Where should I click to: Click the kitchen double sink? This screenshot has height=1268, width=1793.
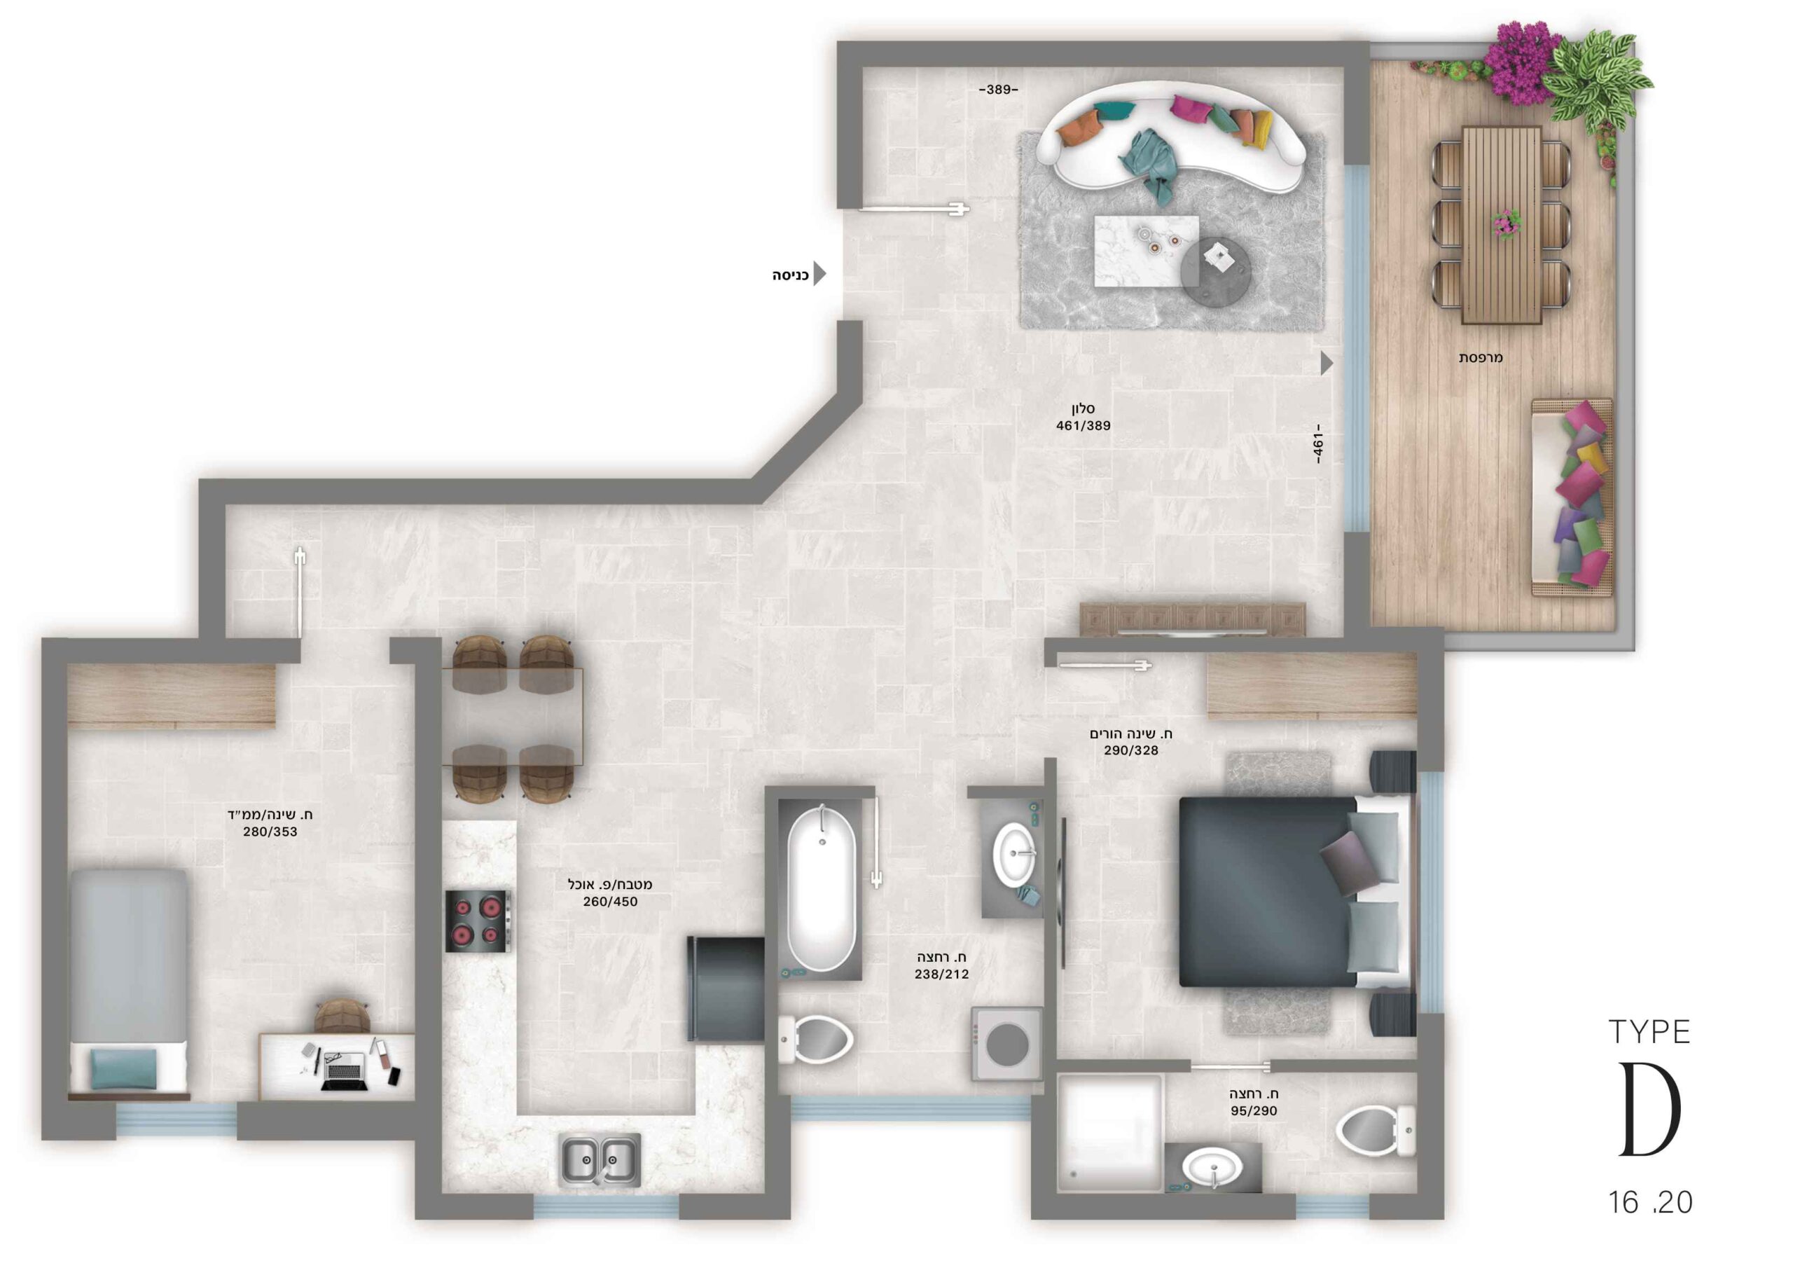point(600,1159)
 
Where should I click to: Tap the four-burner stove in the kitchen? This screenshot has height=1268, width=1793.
point(478,921)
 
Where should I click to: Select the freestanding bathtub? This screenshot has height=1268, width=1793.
point(821,889)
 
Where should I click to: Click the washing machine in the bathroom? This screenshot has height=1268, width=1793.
point(1006,1044)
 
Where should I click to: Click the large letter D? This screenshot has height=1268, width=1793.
point(1650,1110)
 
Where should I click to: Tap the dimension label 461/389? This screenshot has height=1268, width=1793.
point(1083,426)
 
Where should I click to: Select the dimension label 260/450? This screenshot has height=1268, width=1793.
point(610,902)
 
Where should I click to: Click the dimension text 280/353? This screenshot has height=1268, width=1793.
point(270,832)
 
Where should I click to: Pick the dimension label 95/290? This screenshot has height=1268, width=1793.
point(1254,1111)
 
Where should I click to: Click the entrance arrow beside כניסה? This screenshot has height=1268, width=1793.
point(819,273)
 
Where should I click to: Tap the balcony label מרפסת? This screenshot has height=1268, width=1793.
point(1481,358)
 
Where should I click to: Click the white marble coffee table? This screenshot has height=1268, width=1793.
point(1147,251)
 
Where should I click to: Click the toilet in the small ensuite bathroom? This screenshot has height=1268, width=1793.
point(1376,1131)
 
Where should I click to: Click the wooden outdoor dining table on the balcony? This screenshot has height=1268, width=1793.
point(1501,225)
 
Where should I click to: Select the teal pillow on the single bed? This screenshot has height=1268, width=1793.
point(123,1068)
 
